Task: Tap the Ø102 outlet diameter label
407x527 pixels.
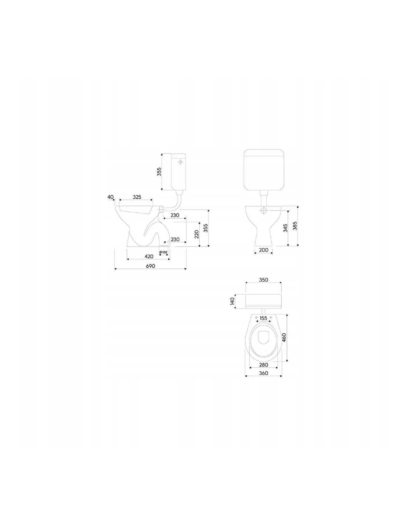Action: point(164,252)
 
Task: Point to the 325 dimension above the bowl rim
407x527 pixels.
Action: point(137,197)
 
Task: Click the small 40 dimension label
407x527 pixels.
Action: point(110,197)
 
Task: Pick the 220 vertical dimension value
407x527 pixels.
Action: point(196,234)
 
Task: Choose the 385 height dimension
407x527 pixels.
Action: point(295,226)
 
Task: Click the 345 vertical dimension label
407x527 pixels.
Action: point(285,228)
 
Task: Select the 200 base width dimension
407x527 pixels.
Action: point(264,250)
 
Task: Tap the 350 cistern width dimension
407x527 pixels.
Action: point(263,280)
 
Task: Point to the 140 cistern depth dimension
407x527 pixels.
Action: point(232,301)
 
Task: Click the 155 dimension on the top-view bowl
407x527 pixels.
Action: point(263,318)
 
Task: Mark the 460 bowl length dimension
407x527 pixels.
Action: point(284,337)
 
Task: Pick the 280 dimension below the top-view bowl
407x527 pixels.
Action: point(263,365)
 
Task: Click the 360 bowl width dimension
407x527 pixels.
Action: point(263,373)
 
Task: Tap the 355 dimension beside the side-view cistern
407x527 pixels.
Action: point(159,172)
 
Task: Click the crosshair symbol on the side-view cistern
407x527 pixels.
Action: point(181,162)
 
